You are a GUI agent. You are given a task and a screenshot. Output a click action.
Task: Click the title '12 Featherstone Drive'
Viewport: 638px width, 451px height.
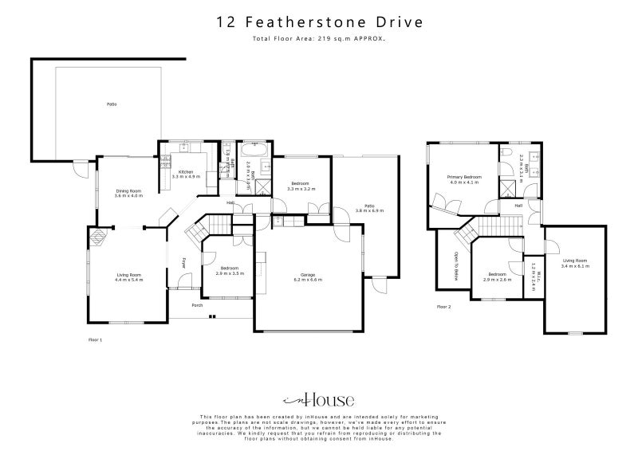319,22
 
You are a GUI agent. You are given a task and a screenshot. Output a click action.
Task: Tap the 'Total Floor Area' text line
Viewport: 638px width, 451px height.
319,38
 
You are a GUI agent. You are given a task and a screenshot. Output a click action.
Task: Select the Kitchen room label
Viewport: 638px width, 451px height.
186,172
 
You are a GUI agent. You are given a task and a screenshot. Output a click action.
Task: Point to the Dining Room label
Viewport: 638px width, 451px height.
128,190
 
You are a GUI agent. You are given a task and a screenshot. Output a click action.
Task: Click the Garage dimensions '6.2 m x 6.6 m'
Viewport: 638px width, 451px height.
307,280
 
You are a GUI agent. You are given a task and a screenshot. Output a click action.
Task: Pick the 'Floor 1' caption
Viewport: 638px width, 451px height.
96,339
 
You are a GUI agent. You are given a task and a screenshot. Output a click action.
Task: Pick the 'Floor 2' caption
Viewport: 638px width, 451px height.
444,306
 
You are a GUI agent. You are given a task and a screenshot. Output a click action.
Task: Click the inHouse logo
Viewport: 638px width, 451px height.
319,400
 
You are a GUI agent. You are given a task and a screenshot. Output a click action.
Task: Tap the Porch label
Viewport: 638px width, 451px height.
197,305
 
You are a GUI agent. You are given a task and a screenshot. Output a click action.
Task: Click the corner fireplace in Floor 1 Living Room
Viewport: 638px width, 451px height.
99,237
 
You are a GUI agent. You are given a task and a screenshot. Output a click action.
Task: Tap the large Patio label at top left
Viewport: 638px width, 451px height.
112,104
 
